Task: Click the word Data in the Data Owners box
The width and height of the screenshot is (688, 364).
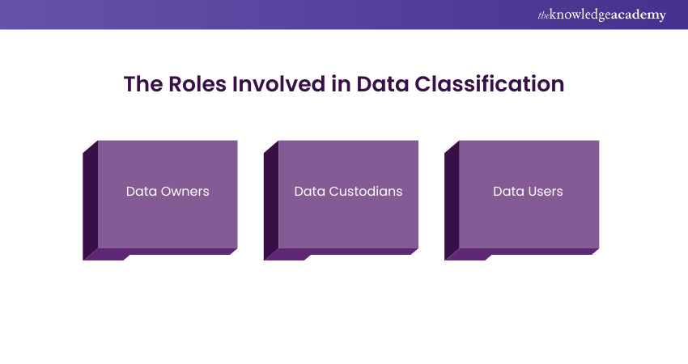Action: (141, 192)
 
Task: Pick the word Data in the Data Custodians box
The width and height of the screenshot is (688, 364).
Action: (309, 192)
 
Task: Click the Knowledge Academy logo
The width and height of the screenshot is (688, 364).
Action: (602, 15)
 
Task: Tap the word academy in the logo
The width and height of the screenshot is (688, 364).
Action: (640, 15)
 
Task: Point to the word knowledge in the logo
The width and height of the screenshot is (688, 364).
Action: (581, 15)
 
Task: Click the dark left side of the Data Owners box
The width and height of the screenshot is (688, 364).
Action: (90, 198)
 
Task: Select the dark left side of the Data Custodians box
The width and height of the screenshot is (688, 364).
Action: (270, 198)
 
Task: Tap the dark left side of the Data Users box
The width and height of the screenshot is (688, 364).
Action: (452, 198)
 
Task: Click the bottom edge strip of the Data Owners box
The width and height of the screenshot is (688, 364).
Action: (162, 252)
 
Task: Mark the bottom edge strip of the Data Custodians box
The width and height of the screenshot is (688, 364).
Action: (343, 252)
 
